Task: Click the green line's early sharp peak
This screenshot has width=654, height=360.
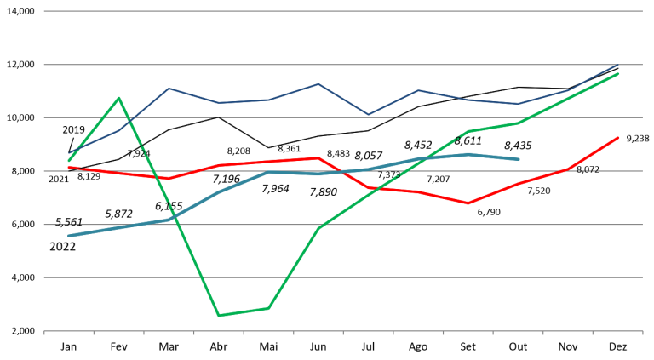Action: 119,97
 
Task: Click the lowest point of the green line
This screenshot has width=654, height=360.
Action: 219,316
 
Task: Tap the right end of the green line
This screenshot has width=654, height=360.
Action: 619,74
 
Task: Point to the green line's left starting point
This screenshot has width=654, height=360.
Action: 69,160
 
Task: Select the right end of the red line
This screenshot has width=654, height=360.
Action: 619,137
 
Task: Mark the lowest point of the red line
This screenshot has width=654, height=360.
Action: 468,203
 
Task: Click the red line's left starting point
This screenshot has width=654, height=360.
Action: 69,168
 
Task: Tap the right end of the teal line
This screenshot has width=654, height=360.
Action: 519,159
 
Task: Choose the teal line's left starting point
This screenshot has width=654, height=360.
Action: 69,235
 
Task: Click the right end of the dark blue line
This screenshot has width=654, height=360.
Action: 619,64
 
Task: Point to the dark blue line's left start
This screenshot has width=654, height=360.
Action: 69,153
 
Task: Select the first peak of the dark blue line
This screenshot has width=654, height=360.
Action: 169,88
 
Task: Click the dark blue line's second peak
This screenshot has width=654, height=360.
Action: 318,83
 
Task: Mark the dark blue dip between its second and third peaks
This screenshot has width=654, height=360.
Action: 368,114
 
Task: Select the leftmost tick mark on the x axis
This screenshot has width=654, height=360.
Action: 44,334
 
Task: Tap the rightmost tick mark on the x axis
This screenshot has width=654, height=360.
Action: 642,334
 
